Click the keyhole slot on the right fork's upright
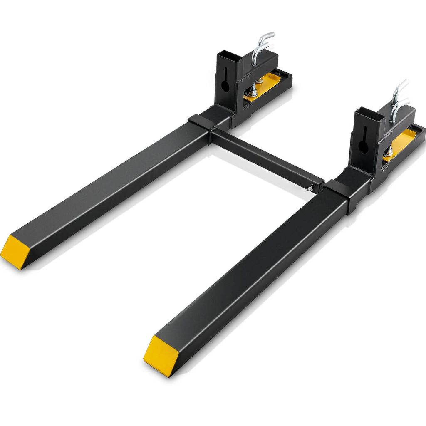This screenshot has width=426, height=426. (x=364, y=141)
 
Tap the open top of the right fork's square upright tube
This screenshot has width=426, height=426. (x=369, y=112)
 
